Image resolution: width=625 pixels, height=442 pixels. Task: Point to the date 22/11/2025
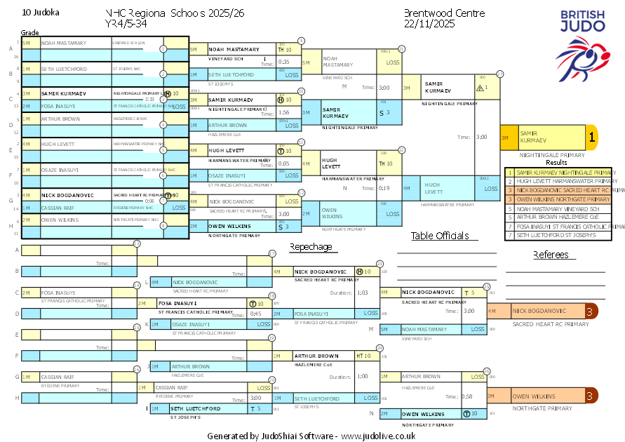click(429, 23)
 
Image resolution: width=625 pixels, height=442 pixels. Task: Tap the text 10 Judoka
click(41, 13)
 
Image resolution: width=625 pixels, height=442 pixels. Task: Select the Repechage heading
click(311, 247)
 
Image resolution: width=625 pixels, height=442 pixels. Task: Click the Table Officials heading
click(440, 236)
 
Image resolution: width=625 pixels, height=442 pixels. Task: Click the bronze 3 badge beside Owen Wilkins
click(591, 396)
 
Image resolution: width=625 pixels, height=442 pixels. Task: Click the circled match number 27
click(499, 74)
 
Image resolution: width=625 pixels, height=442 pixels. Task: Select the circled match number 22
click(401, 149)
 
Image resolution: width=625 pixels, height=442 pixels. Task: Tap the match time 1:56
click(284, 112)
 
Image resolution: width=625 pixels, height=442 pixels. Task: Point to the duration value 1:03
click(363, 292)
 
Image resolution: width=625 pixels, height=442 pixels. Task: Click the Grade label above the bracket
click(30, 33)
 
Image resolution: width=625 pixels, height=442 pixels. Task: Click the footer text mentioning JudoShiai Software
click(311, 436)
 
